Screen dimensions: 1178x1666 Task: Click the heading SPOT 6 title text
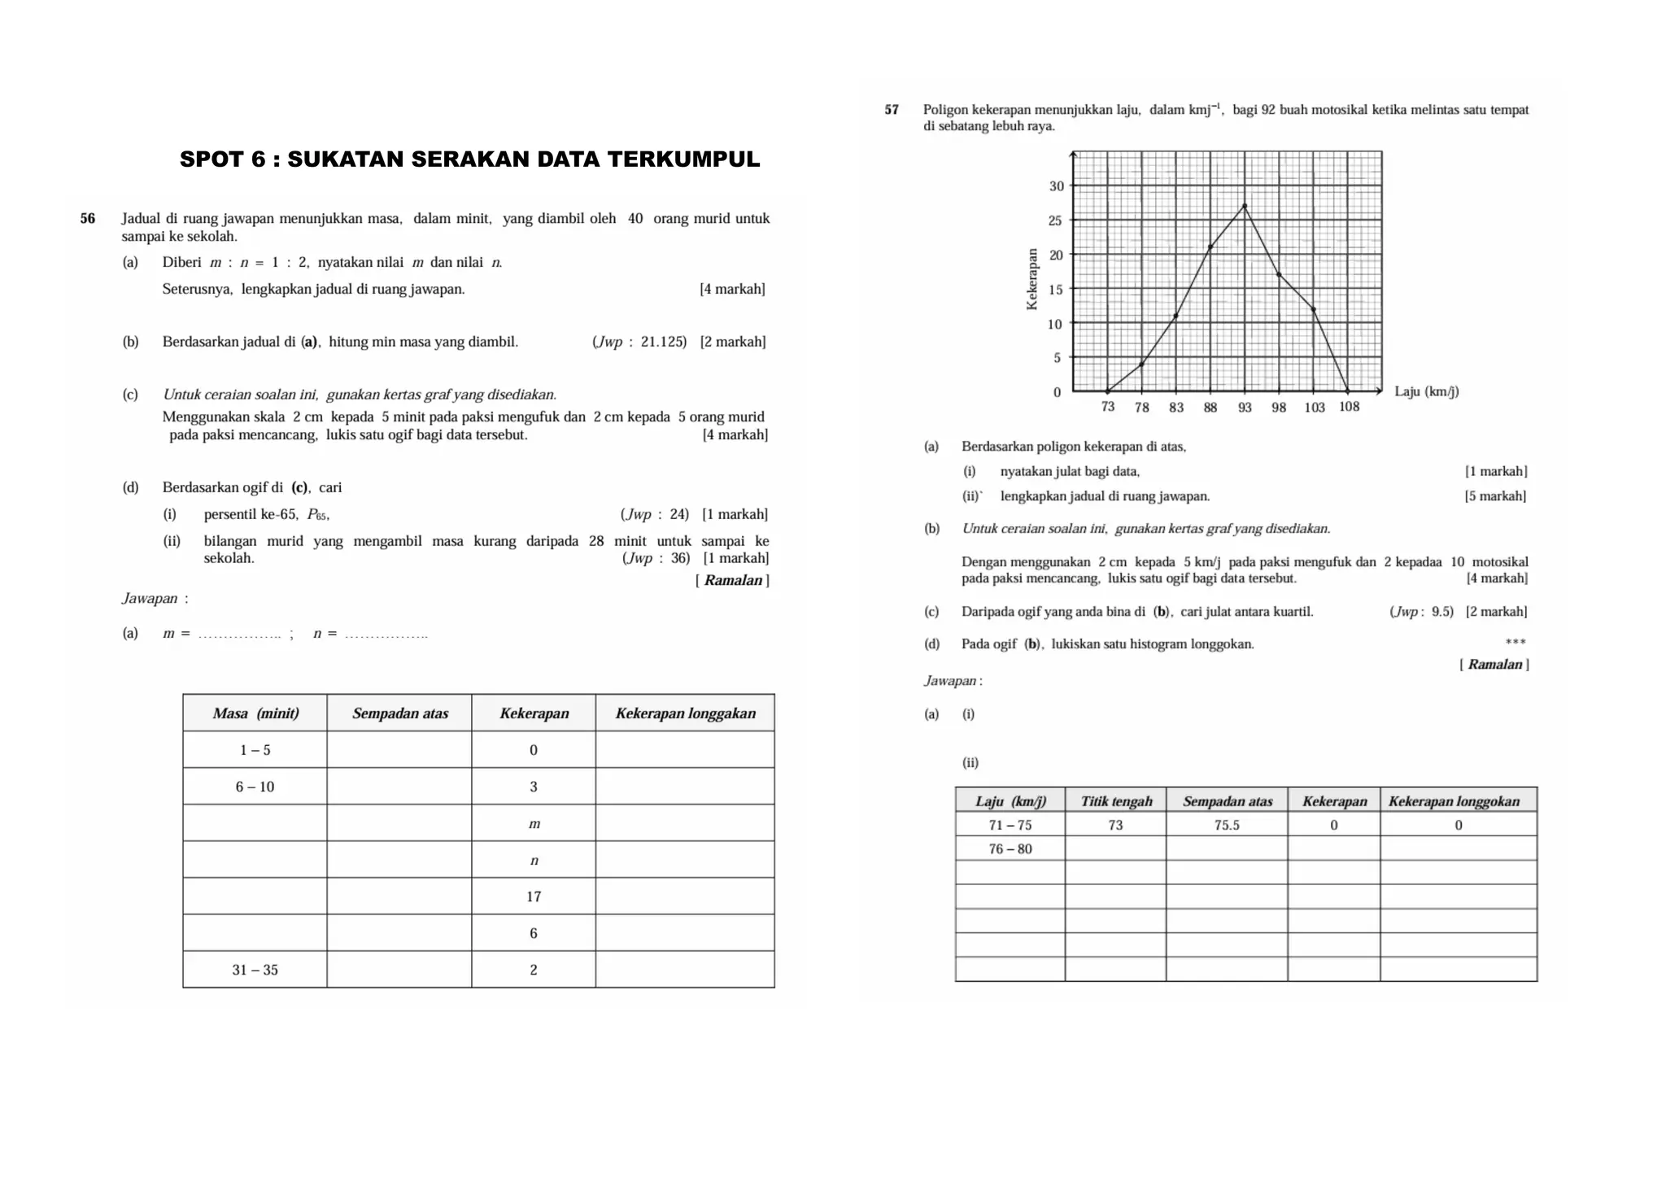469,159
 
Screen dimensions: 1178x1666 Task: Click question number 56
88,218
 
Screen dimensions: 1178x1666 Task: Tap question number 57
892,110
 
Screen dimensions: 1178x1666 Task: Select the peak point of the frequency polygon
1245,206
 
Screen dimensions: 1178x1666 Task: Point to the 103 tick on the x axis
1315,408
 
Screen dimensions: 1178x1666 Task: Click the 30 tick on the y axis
1056,186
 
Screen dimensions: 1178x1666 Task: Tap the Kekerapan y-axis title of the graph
1032,279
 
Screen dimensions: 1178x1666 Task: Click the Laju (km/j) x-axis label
1426,391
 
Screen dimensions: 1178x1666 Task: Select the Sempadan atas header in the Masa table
399,713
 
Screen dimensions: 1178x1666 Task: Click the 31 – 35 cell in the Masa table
255,970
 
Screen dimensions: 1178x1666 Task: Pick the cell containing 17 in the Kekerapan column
534,897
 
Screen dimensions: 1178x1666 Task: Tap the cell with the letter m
534,824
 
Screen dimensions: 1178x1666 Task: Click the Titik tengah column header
1116,801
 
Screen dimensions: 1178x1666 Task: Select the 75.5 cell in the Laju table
1227,825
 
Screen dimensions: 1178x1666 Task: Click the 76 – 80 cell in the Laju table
1010,849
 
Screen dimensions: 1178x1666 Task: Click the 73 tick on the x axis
1108,407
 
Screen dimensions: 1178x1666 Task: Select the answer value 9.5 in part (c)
1442,612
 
